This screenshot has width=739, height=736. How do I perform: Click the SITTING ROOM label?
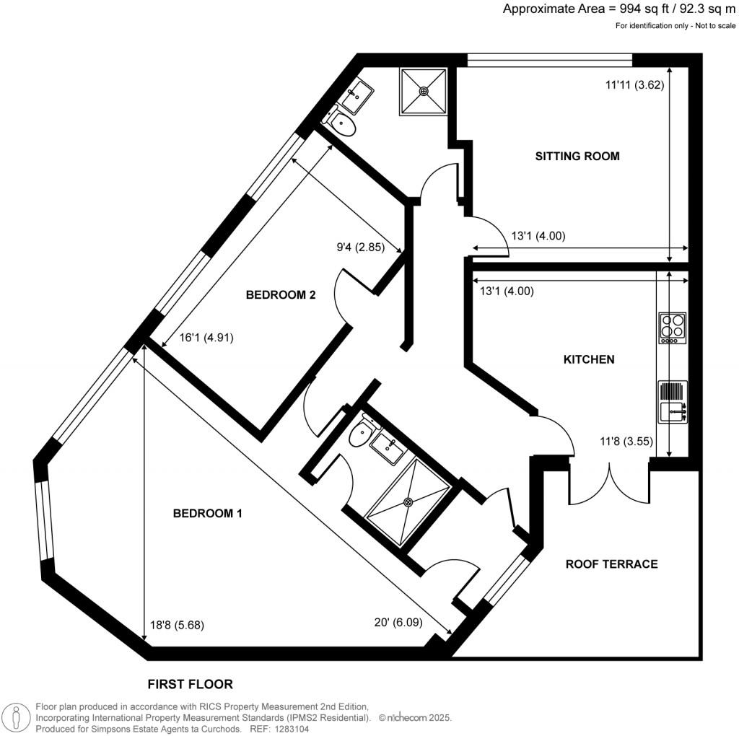pos(577,156)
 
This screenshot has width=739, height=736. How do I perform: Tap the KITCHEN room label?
pos(589,359)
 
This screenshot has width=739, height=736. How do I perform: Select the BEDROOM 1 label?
pos(207,514)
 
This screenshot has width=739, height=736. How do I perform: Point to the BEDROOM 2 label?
pos(281,294)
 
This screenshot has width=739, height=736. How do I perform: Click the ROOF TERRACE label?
pos(611,564)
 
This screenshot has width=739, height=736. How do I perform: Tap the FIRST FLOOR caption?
pos(191,683)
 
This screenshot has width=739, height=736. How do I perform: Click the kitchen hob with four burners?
pos(672,328)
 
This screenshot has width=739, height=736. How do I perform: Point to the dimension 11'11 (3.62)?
pos(634,84)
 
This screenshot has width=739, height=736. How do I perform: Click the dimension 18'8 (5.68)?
pos(177,626)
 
